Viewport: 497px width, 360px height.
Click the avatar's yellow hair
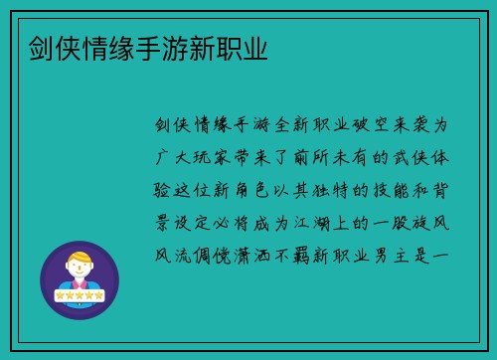[x=79, y=255]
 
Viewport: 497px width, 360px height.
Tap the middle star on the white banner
[x=79, y=295]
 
